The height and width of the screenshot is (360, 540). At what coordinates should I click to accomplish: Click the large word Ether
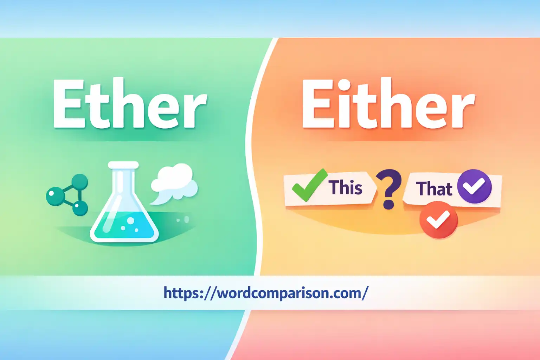[x=129, y=104]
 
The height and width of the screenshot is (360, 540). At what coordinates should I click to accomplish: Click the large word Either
[x=388, y=104]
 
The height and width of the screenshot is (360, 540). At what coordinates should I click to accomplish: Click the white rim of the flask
[x=123, y=165]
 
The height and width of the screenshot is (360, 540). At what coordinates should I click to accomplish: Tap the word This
[x=345, y=187]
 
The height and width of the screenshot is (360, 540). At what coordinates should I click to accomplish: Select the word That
[x=434, y=189]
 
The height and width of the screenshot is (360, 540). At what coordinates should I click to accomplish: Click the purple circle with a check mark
[x=474, y=186]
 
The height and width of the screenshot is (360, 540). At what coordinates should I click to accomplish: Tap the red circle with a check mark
[x=438, y=220]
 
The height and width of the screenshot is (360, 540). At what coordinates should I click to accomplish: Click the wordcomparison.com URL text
[x=266, y=293]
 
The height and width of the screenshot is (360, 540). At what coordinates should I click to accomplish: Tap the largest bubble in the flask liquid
[x=130, y=221]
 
